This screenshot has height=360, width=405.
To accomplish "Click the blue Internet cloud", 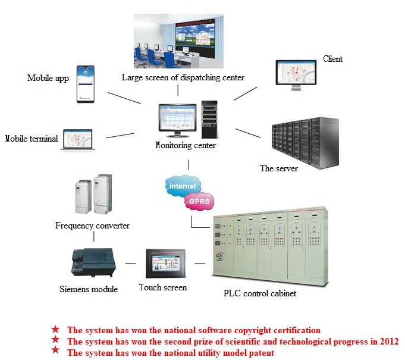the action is [183, 185].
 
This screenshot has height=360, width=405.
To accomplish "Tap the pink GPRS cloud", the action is [199, 201].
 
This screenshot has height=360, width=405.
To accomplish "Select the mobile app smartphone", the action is [86, 84].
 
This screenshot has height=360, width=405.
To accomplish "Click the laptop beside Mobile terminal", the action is [78, 140].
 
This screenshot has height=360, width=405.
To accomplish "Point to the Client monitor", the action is [296, 75].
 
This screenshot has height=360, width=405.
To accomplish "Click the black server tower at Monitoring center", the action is [209, 120].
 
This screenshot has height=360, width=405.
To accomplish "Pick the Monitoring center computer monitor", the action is [177, 120].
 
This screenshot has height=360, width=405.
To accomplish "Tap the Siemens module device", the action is [93, 262].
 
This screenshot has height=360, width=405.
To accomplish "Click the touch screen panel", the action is [166, 264].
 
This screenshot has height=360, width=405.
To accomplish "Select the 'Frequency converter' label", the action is [92, 226].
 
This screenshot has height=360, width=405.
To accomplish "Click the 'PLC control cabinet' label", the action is [259, 293].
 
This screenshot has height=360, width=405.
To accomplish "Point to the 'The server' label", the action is [279, 168].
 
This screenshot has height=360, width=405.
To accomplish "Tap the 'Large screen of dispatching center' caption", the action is [183, 77].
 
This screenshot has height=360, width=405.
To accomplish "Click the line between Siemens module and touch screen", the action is [131, 264].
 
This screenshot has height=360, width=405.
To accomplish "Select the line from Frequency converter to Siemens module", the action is [94, 236].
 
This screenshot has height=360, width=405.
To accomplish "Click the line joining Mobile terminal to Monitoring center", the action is [120, 136].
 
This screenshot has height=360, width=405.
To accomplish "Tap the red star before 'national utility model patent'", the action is [55, 350].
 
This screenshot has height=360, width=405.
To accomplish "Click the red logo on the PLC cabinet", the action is [220, 256].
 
